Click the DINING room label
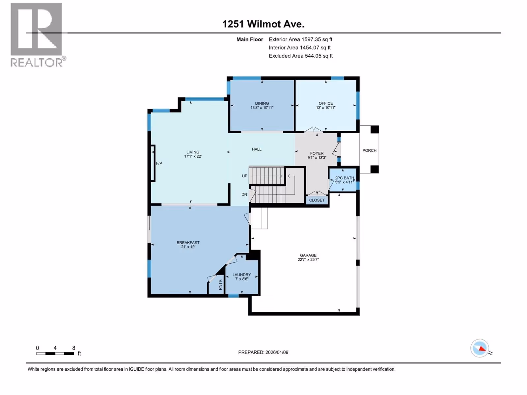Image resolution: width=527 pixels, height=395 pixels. point(262,103)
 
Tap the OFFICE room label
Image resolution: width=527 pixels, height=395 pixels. point(325,103)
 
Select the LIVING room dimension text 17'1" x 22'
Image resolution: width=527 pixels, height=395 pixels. point(193,156)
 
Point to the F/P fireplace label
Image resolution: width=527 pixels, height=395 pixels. point(159,163)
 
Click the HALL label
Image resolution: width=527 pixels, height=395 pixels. point(256,149)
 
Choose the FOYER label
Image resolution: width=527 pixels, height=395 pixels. point(317,153)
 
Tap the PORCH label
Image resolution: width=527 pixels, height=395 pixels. point(369,150)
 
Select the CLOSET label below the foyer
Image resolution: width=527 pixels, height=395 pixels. point(317,200)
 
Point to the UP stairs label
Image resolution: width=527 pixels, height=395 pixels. point(244,176)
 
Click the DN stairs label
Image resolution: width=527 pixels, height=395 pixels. point(244,194)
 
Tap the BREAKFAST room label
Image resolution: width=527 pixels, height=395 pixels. point(188,243)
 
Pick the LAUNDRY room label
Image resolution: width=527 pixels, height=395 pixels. point(241,275)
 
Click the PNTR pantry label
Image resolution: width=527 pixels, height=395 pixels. point(220,285)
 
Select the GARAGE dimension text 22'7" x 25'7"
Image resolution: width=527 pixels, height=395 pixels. point(308,259)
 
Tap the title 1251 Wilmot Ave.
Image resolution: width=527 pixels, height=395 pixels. point(263,24)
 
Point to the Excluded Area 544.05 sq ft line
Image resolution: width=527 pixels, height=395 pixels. point(301,56)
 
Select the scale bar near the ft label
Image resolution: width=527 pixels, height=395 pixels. point(55,354)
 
